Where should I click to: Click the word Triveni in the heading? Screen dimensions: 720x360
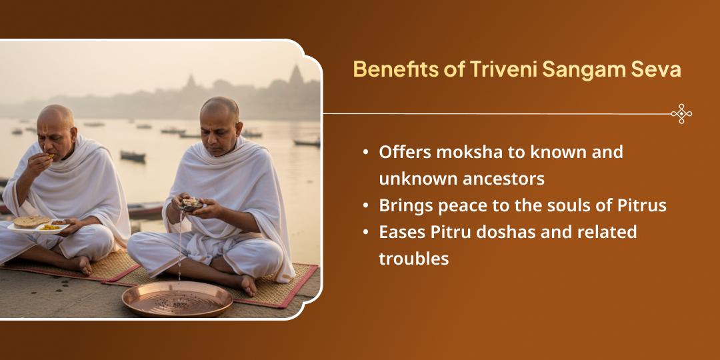coord(503,69)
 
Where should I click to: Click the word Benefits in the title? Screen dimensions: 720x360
coord(389,69)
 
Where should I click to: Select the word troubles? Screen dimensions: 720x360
coord(413,259)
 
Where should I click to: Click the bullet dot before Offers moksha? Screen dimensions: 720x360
coord(365,152)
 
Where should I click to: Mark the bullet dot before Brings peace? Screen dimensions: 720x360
coord(365,206)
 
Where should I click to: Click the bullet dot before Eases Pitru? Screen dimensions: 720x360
coord(365,233)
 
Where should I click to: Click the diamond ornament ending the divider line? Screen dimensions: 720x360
coord(681,113)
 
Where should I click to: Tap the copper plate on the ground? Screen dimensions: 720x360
coord(177,299)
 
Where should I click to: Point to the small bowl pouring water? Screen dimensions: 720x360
coord(191,205)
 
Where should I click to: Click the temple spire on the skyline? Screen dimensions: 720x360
coord(296,75)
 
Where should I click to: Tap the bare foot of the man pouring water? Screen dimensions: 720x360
coord(247,285)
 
